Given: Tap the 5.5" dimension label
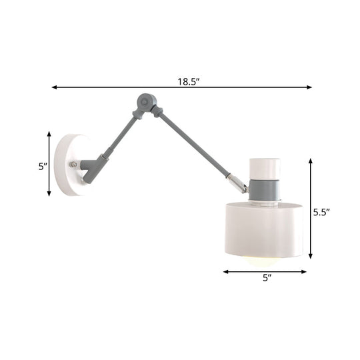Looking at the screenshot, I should coord(323,213).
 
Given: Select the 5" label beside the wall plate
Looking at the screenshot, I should coord(41,166).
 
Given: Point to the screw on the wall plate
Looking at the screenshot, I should coord(74,165).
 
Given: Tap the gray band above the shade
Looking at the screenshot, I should coord(265,189).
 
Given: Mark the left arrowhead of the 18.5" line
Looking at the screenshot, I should coord(54,87).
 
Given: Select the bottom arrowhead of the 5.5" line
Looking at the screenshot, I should coord(310,257).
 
